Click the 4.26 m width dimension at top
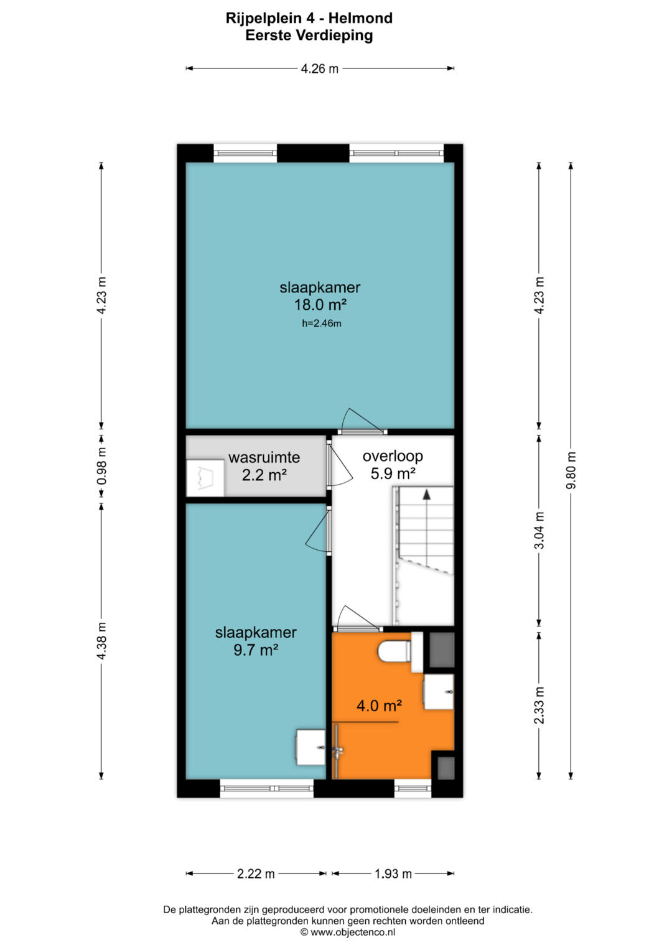[x=319, y=68]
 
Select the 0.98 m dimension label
[x=101, y=466]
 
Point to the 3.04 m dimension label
[x=539, y=530]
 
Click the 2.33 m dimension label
[x=539, y=706]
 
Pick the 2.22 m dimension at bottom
[x=256, y=873]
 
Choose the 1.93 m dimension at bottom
[x=393, y=873]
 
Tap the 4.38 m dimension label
[x=101, y=641]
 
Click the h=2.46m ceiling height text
[x=322, y=324]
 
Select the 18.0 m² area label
[x=320, y=304]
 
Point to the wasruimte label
[x=264, y=458]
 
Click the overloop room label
[x=393, y=457]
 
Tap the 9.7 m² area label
[x=256, y=650]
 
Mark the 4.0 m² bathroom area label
[x=380, y=706]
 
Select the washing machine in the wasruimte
[x=205, y=478]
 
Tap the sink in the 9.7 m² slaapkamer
[x=310, y=747]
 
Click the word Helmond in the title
[x=361, y=18]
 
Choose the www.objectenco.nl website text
[x=353, y=932]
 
